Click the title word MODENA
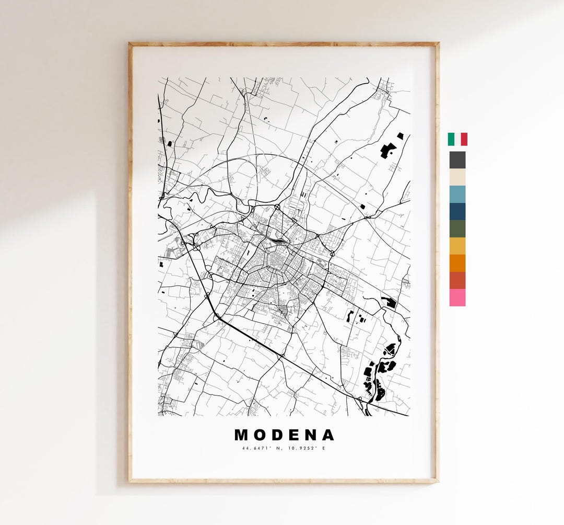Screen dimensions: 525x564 [x=284, y=435]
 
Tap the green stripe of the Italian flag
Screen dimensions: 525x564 [x=451, y=139]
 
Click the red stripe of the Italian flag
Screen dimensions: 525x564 [x=464, y=139]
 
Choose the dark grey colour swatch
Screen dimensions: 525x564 [x=457, y=160]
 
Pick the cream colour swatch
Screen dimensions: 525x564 [x=457, y=177]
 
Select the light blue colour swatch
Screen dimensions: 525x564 [x=457, y=195]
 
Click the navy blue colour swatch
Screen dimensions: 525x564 [x=457, y=212]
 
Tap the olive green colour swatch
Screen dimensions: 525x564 [x=457, y=229]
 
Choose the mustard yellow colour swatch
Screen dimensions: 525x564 [x=457, y=246]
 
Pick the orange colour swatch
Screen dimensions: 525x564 [x=457, y=263]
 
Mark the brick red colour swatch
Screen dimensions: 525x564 [x=457, y=280]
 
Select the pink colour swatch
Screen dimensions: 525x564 [x=457, y=298]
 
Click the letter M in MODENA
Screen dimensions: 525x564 [x=242, y=435]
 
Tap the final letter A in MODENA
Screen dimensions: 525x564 [x=327, y=435]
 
